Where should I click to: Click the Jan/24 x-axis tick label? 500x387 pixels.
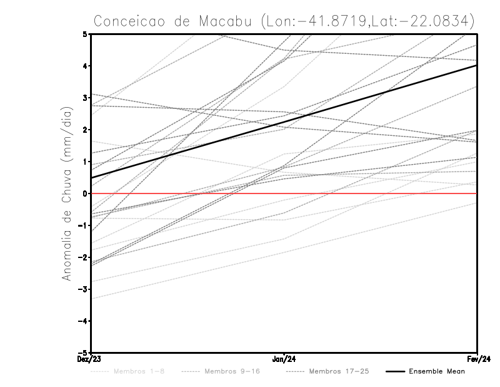284,359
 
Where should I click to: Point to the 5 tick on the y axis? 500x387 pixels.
84,34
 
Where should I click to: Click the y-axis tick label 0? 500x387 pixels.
84,194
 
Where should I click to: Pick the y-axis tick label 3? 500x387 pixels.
84,98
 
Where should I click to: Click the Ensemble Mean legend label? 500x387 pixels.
436,371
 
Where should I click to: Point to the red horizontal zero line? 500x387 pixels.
375,194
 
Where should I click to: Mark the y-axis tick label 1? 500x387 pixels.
84,162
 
